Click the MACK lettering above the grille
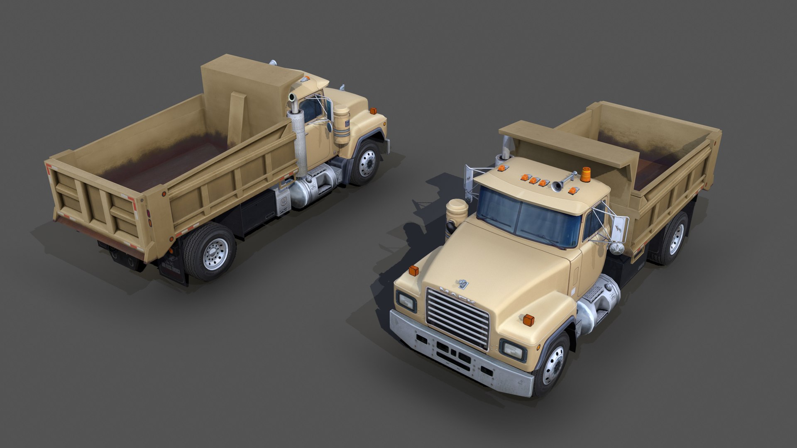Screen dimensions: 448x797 457,295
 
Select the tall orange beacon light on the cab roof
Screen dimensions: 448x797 586,175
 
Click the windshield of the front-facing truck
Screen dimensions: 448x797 527,218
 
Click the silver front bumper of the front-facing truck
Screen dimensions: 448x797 457,357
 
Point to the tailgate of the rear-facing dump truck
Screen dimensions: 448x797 98,207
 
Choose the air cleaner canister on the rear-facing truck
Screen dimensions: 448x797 342,124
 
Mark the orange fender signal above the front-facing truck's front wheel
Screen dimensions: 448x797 528,320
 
